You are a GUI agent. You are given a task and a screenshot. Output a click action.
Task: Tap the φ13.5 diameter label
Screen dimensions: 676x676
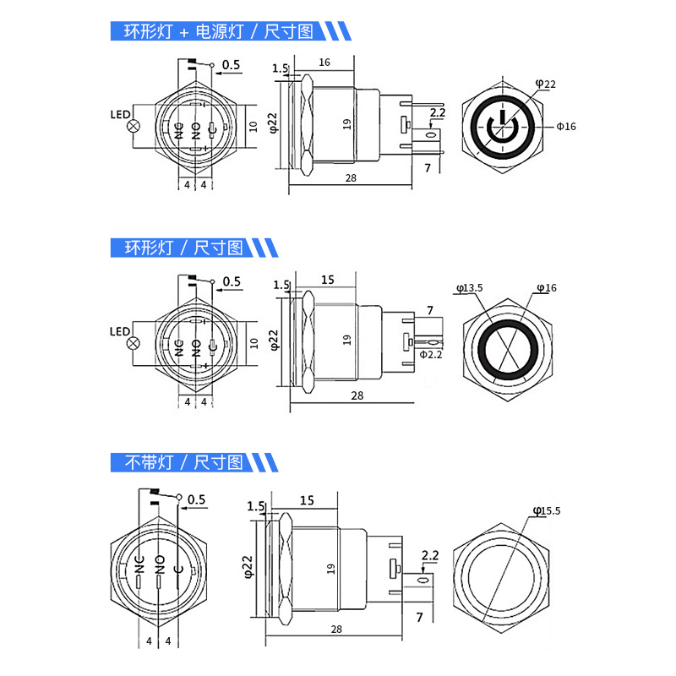coord(470,288)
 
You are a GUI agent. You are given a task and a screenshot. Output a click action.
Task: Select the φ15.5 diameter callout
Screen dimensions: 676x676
coord(547,511)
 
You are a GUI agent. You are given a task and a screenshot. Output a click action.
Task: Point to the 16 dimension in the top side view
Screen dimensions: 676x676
coord(324,63)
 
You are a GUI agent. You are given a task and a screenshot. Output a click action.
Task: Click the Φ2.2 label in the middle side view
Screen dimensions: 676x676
coord(431,354)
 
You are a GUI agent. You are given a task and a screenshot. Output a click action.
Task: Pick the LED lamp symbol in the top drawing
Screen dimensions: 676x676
coord(134,126)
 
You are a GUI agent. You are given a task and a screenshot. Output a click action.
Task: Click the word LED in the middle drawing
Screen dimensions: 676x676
coord(120,331)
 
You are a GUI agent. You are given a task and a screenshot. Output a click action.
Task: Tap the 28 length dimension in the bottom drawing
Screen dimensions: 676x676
coord(336,630)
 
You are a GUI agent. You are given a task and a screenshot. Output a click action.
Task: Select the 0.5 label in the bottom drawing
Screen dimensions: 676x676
coord(197,499)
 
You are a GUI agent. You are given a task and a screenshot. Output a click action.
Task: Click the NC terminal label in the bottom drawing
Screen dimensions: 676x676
coord(139,564)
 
